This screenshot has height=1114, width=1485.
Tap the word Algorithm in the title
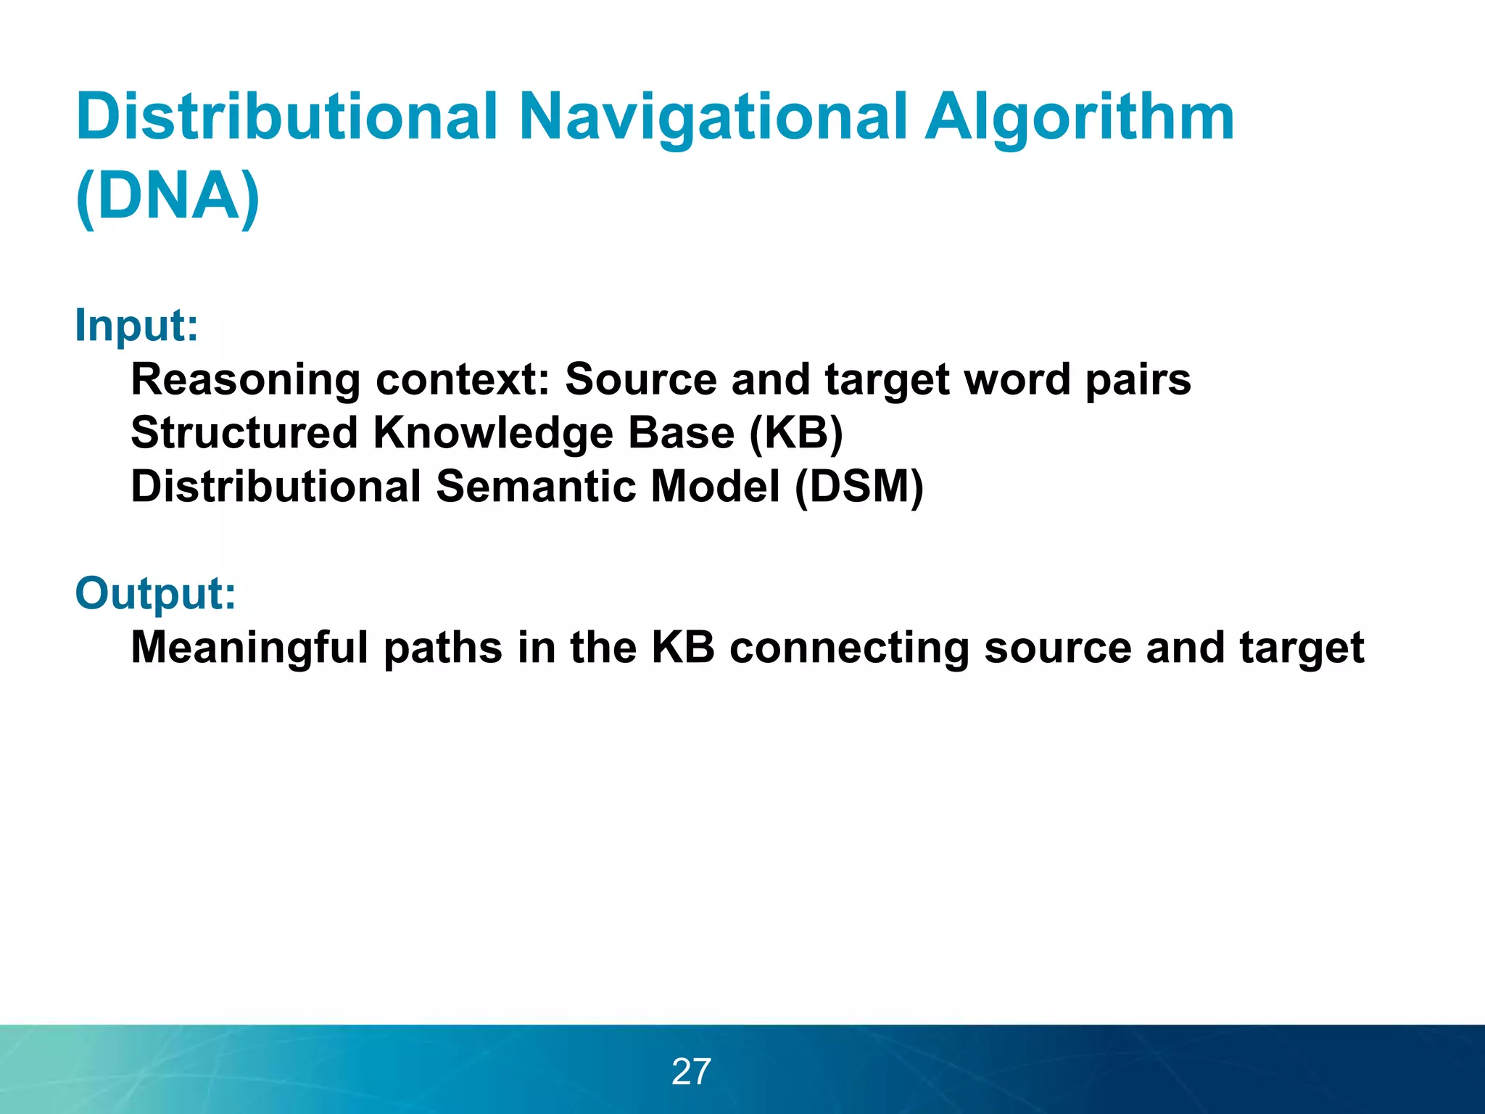pos(1080,118)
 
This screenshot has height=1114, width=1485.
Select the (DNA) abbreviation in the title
pos(167,197)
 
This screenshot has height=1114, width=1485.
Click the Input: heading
pos(136,326)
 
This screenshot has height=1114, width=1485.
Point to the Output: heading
pos(155,593)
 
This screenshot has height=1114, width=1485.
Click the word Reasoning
pos(245,380)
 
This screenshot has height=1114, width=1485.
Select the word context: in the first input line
pos(463,380)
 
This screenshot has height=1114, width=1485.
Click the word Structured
pos(244,433)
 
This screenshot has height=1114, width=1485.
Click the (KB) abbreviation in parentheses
pos(795,433)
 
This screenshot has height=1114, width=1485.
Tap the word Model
pos(715,487)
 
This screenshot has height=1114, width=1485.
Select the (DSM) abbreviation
pos(859,487)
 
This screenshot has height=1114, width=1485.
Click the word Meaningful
pos(249,648)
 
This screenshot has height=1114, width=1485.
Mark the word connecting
pos(849,648)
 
